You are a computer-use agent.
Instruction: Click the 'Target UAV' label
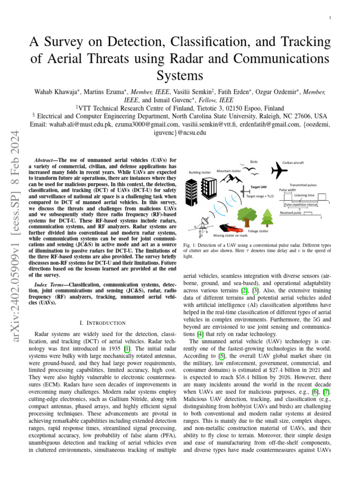[x=258, y=187]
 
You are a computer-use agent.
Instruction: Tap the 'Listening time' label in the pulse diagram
[x=304, y=195]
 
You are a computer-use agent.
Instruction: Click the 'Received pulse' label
[x=291, y=212]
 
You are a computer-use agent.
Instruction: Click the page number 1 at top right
[x=330, y=18]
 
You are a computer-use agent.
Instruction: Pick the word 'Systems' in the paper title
[x=180, y=75]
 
